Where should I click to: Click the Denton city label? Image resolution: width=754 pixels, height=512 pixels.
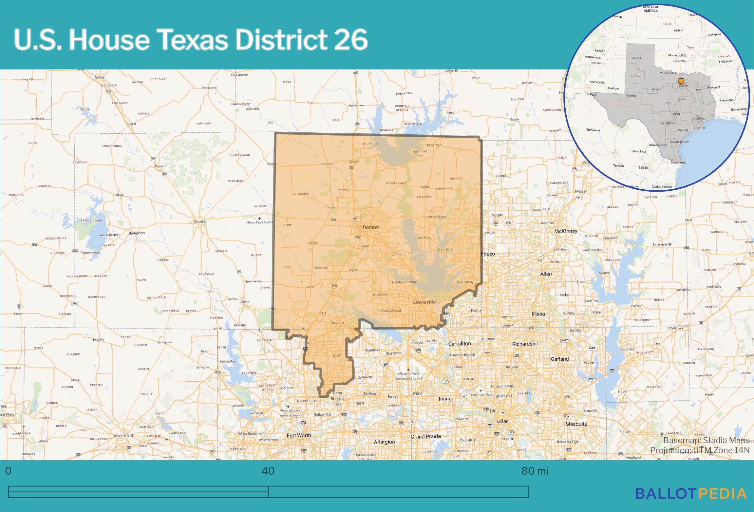(370, 227)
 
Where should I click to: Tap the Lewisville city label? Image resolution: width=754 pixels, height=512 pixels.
(424, 302)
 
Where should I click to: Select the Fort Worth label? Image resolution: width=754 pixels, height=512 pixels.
(299, 435)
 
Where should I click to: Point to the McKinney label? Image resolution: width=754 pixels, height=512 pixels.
(566, 231)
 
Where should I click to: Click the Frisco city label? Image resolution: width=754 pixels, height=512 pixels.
(488, 254)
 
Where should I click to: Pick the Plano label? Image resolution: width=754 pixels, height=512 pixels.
(538, 314)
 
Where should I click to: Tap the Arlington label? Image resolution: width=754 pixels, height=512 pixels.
(384, 442)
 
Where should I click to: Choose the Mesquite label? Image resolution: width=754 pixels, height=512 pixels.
(576, 424)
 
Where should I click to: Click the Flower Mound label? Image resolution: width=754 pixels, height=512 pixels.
(389, 311)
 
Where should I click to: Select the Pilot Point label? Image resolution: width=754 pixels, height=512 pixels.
(434, 145)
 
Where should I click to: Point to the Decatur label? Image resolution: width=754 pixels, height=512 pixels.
(200, 222)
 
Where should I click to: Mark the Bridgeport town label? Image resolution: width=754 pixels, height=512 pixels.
(137, 233)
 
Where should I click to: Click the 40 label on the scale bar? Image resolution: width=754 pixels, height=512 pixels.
(268, 471)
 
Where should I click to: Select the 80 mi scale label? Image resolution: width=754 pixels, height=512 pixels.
(534, 471)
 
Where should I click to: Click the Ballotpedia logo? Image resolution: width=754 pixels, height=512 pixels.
(691, 494)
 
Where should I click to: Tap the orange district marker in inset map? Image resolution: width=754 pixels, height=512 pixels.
(681, 81)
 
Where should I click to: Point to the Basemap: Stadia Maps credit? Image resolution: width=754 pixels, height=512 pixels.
(706, 440)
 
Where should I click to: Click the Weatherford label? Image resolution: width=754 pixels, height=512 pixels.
(123, 435)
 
